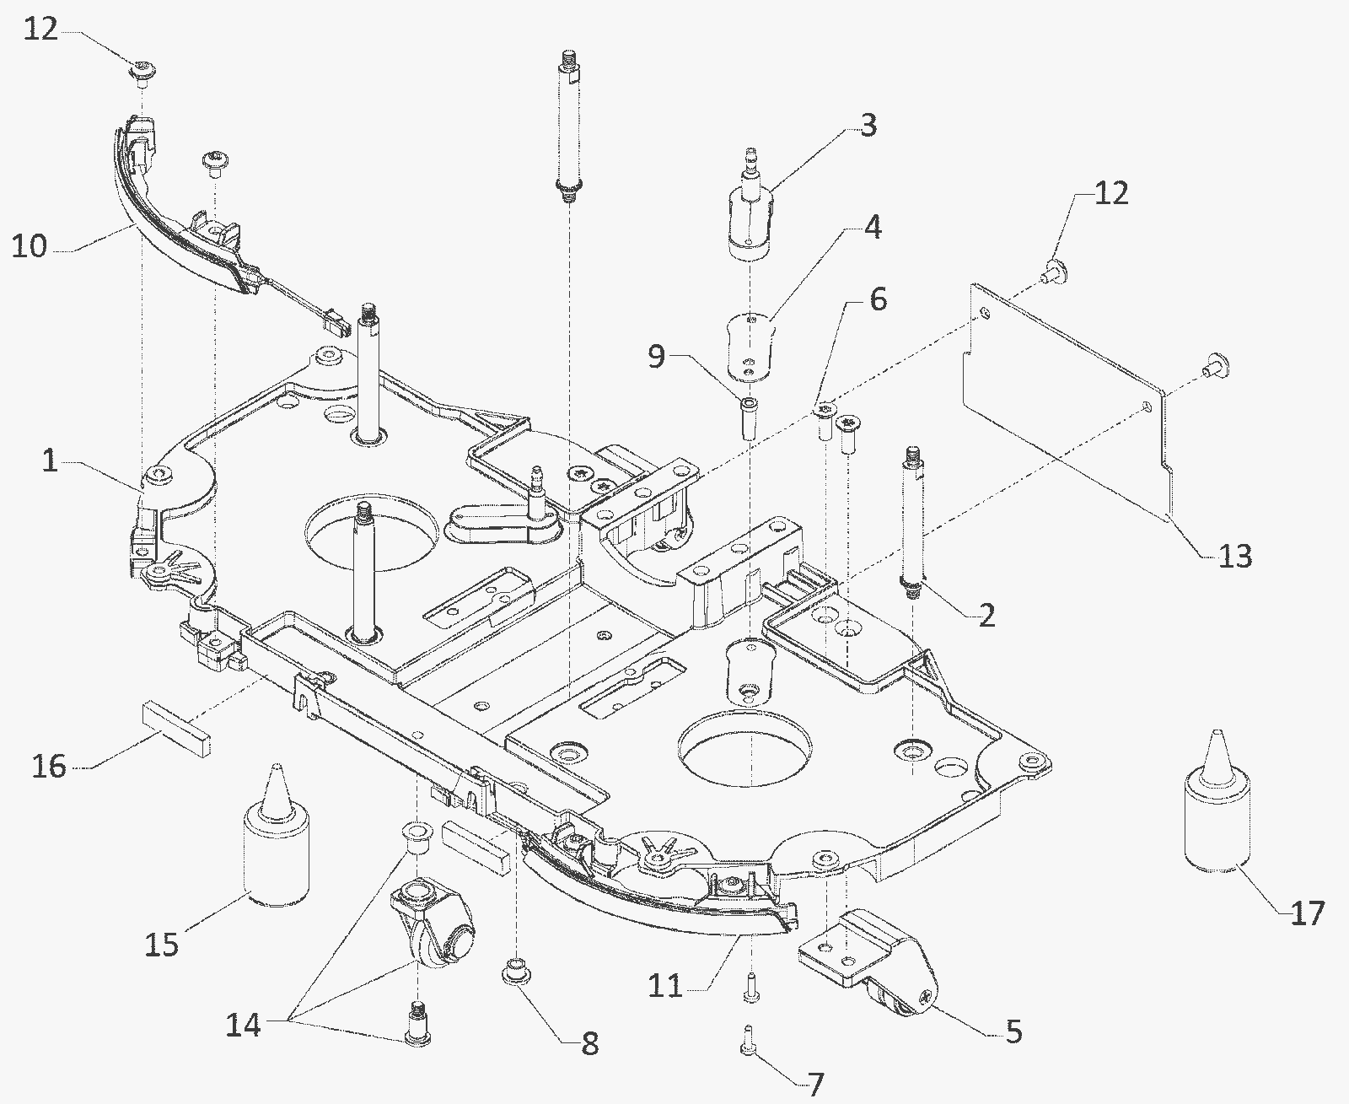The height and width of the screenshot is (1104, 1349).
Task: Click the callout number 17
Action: (1308, 913)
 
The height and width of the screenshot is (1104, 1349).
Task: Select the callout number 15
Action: (162, 945)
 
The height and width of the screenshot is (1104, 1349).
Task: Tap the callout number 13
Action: (1234, 556)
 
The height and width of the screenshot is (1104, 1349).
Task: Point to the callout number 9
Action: (657, 357)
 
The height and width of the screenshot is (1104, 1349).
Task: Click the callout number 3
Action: (868, 126)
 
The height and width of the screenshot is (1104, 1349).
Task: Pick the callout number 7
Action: (815, 1084)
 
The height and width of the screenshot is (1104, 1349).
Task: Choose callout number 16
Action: (49, 766)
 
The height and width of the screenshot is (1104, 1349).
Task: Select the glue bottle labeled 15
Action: (277, 835)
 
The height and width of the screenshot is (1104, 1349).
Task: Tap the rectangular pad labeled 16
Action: (176, 729)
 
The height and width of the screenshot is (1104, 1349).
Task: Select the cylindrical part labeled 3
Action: (752, 205)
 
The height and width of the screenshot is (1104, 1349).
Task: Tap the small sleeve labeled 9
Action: (749, 418)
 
